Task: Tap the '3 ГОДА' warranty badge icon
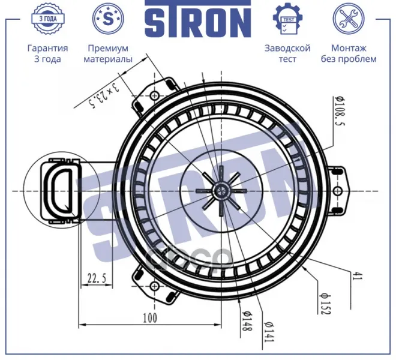[48, 19]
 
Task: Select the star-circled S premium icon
[108, 19]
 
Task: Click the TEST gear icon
[287, 19]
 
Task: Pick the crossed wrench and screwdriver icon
[349, 19]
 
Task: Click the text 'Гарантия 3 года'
[48, 53]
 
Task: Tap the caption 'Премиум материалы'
[108, 53]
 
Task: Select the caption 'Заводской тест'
[287, 53]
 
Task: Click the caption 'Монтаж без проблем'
[349, 53]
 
